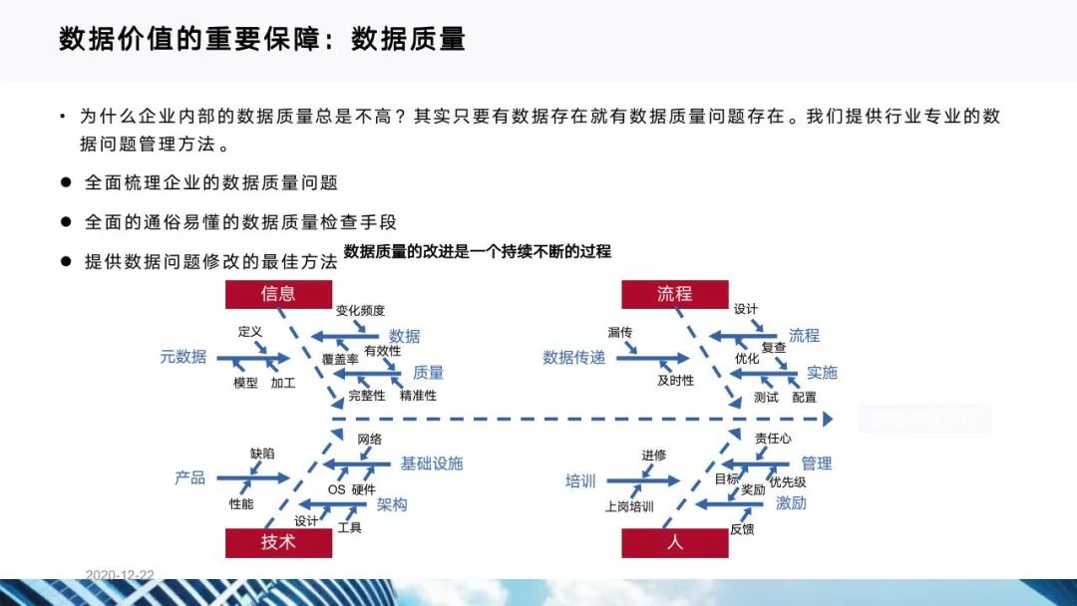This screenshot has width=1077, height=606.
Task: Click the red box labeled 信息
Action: click(278, 294)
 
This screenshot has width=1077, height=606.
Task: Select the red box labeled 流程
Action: click(674, 294)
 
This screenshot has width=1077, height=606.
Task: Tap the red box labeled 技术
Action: click(278, 542)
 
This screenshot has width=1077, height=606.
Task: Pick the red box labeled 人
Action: click(674, 542)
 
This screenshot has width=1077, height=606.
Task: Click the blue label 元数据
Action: click(183, 357)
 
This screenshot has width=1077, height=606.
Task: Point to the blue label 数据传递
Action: click(573, 358)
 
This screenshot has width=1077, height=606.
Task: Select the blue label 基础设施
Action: click(432, 463)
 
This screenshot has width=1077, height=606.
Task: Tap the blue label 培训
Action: click(580, 481)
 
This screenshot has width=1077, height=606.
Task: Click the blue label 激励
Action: click(791, 503)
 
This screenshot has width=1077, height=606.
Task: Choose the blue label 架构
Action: click(392, 505)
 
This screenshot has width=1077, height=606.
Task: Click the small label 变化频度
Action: click(360, 311)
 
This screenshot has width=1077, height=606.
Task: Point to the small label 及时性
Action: click(675, 381)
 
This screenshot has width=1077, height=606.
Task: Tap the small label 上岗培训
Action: click(629, 506)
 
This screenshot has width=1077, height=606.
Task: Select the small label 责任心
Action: click(773, 439)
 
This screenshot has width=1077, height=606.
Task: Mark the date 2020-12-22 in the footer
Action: click(120, 575)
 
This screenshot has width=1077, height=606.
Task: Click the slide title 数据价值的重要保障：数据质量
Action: click(262, 40)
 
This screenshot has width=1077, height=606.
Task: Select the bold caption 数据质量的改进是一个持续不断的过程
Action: click(477, 252)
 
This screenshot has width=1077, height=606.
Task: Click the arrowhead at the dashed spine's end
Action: click(826, 420)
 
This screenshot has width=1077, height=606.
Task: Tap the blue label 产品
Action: click(189, 478)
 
